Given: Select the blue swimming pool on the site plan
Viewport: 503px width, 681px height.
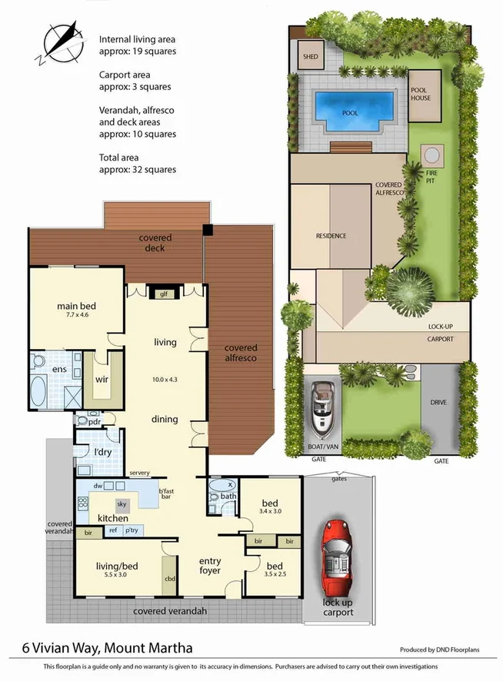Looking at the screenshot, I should pyautogui.click(x=350, y=108).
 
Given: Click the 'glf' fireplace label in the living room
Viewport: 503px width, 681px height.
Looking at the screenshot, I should pyautogui.click(x=162, y=293).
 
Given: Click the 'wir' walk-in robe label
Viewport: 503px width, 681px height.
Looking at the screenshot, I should pyautogui.click(x=101, y=378).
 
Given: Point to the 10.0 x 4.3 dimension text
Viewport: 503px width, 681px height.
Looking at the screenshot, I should pyautogui.click(x=165, y=380).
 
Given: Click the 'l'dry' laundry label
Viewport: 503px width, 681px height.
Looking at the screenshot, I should pyautogui.click(x=102, y=452).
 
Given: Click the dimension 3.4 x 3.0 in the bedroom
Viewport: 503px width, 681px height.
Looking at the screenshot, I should pyautogui.click(x=270, y=510).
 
